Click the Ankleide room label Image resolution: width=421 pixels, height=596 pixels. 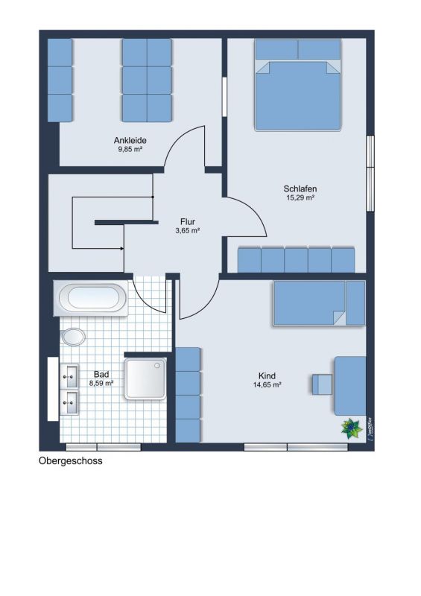[130, 140]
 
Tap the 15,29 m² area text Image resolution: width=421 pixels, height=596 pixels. [300, 197]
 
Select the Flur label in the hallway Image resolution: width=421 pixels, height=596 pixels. [188, 221]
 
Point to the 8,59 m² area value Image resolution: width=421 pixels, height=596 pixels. [101, 383]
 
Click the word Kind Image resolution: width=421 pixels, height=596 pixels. [267, 376]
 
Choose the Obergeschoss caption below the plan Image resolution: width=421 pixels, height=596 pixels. [71, 460]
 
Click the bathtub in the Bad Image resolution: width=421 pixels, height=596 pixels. [91, 298]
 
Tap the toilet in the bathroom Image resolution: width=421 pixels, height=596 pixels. [73, 337]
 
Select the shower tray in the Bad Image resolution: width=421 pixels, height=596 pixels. [145, 379]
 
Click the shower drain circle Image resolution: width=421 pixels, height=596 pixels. [157, 365]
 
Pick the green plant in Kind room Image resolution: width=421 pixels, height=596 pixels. [352, 428]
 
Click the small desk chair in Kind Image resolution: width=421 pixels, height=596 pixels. [322, 384]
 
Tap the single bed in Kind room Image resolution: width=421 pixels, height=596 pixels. [319, 303]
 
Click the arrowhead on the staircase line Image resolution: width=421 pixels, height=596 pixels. [121, 249]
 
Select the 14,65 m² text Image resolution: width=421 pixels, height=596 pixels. [267, 384]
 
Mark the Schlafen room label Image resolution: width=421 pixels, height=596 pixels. [300, 188]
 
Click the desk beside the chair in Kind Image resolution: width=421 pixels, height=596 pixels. [350, 386]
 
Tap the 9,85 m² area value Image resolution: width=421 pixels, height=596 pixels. [130, 150]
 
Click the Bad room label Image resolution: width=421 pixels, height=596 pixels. [101, 375]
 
